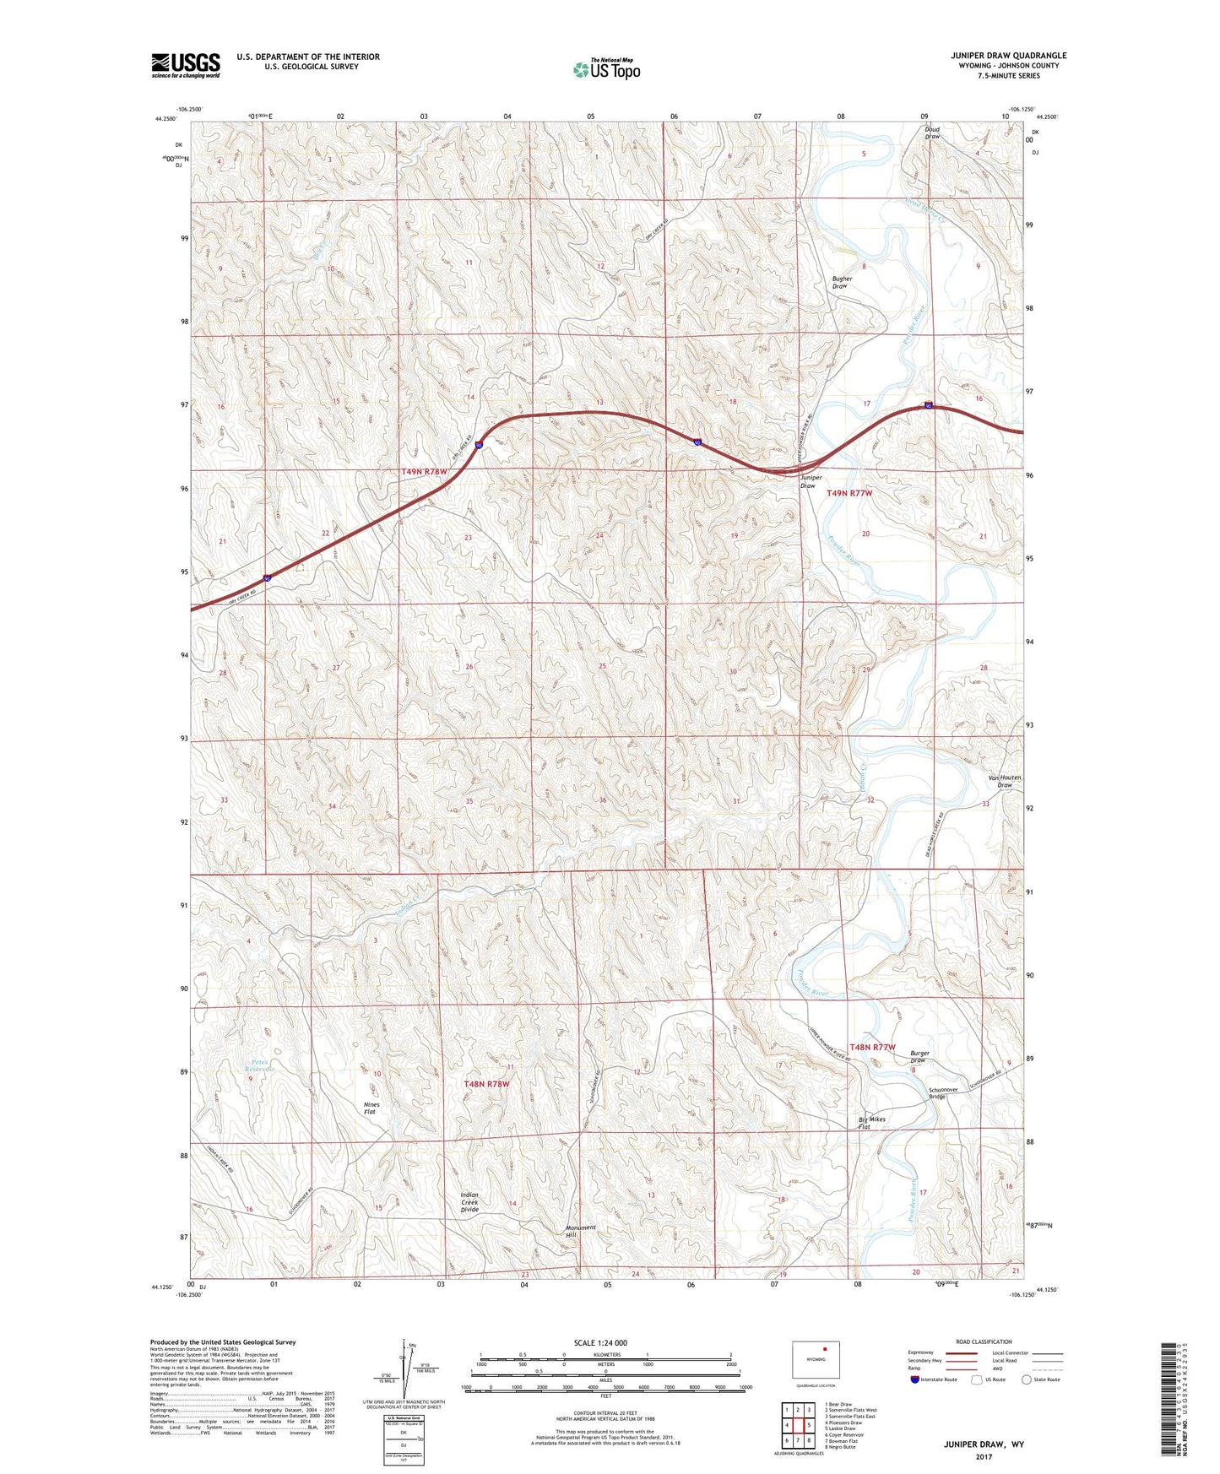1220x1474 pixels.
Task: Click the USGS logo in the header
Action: click(x=185, y=65)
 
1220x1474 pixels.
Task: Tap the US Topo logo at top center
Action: click(x=606, y=68)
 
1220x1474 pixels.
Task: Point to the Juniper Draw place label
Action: click(x=808, y=482)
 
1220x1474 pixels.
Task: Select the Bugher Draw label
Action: click(x=842, y=283)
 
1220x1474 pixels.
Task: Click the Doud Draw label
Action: click(x=932, y=133)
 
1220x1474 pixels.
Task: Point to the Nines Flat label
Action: click(x=371, y=1108)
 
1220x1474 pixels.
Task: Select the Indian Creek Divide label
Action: click(x=469, y=1202)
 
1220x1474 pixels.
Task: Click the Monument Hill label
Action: click(x=580, y=1231)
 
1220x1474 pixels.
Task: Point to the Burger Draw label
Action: click(x=919, y=1057)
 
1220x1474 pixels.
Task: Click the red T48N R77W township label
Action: click(x=872, y=1047)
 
